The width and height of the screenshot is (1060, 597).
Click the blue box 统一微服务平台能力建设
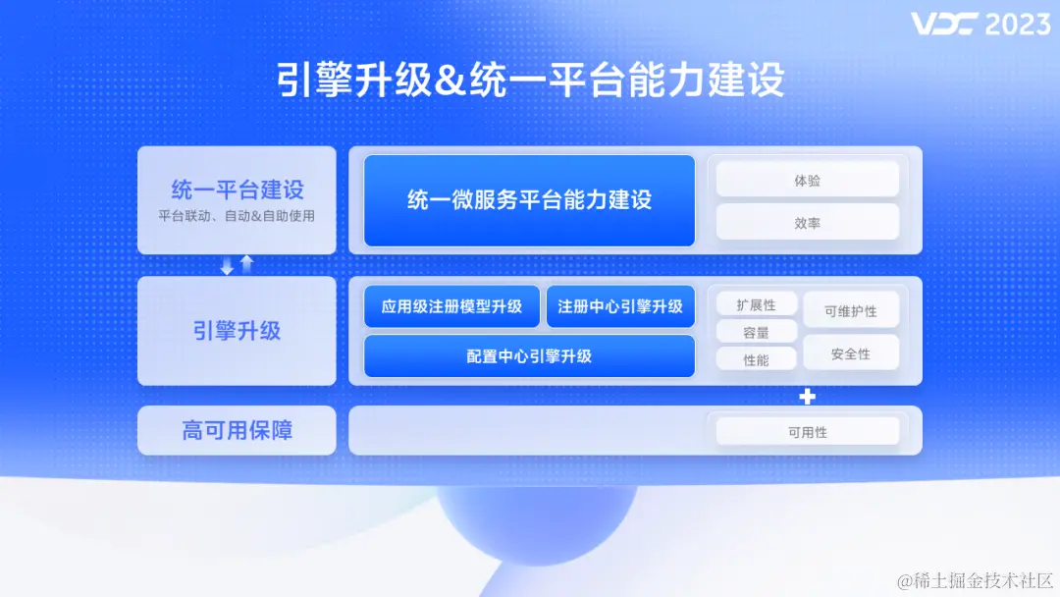(x=529, y=200)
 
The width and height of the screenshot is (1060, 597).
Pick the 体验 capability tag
(x=807, y=180)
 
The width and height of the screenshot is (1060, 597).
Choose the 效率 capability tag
(x=807, y=223)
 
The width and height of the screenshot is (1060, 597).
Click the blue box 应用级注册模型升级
(x=451, y=306)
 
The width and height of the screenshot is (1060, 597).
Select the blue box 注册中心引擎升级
(x=620, y=306)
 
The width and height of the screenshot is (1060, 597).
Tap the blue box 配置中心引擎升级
(x=529, y=356)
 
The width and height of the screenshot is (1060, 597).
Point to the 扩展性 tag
(x=756, y=305)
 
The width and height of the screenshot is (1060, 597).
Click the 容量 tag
(x=756, y=333)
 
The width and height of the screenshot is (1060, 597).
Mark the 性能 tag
(x=756, y=360)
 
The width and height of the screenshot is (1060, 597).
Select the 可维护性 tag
(x=850, y=311)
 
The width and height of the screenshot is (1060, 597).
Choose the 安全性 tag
(x=850, y=353)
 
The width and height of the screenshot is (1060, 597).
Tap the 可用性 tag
(x=807, y=432)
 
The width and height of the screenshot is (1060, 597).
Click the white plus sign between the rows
(x=807, y=396)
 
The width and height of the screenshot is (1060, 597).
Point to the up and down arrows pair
(x=237, y=265)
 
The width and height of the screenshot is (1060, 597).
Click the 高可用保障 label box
(x=237, y=430)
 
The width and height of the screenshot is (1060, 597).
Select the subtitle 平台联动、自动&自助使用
(x=237, y=216)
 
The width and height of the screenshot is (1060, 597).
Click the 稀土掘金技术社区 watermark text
(x=976, y=580)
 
